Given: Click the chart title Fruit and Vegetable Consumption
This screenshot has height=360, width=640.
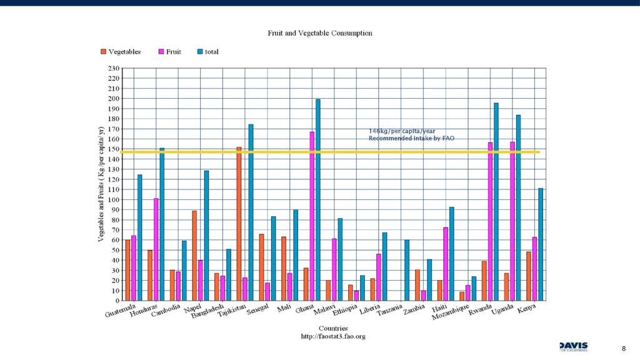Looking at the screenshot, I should click(320, 33).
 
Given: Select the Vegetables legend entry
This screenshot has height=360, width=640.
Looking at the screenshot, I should click(124, 52).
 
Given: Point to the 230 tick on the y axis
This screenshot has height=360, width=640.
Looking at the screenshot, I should click(113, 68).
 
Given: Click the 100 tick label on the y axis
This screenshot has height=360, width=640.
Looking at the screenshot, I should click(113, 199).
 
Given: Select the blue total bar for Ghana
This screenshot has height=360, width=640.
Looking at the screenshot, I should click(318, 200).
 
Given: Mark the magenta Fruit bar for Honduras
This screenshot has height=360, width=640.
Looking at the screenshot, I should click(156, 249).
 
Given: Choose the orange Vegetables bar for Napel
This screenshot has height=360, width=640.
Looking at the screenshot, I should click(194, 256).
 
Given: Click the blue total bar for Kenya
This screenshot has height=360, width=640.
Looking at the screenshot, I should click(541, 244).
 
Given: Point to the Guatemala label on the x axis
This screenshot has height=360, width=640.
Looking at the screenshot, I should click(121, 311).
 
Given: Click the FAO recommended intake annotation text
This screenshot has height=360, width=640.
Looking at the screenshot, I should click(411, 134).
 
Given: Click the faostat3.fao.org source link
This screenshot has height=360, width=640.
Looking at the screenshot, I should click(333, 336).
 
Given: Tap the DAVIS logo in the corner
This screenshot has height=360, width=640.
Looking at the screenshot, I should click(573, 347).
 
